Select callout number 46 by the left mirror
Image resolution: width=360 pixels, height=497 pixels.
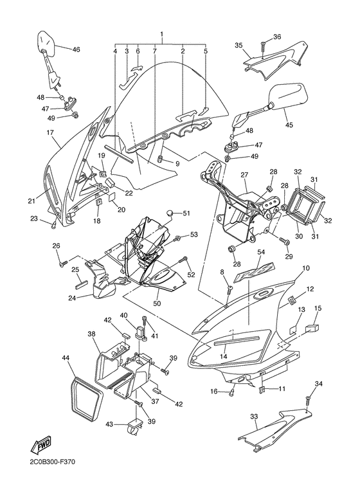click(x=76, y=50)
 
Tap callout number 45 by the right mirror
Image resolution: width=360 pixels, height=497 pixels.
click(x=288, y=125)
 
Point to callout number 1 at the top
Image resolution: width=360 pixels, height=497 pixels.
click(x=161, y=33)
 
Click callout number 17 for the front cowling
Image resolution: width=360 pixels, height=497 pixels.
click(x=50, y=133)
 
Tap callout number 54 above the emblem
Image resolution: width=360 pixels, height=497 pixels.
click(x=261, y=253)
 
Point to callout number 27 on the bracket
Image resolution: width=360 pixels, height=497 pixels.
click(x=244, y=175)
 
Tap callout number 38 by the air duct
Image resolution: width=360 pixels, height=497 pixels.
click(x=91, y=334)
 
